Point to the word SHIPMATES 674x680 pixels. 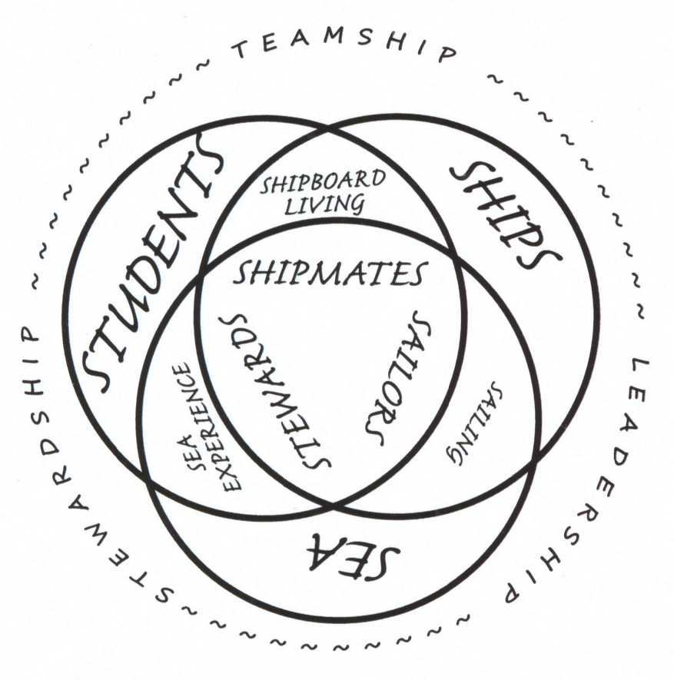tap(330, 274)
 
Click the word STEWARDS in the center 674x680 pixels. tap(276, 387)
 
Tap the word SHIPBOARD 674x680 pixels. tap(324, 183)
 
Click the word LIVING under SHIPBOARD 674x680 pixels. tap(324, 205)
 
